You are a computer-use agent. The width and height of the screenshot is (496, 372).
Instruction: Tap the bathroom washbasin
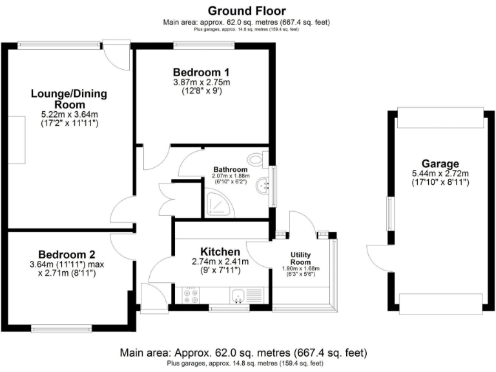click(x=263, y=186)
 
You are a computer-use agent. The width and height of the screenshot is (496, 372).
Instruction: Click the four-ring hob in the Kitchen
click(x=191, y=295)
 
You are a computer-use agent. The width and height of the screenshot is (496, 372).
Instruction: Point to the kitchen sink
click(x=238, y=296)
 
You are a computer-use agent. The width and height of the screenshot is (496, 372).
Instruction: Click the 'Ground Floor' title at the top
click(x=246, y=11)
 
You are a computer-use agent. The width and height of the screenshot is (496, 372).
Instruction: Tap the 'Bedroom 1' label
click(x=201, y=72)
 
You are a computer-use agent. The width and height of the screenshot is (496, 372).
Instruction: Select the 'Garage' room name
click(x=440, y=164)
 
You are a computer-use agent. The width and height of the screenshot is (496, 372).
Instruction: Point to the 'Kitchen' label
click(x=220, y=251)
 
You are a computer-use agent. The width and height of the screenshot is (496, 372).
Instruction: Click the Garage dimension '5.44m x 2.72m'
click(x=440, y=174)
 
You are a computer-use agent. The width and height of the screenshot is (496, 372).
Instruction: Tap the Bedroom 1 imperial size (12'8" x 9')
click(x=201, y=91)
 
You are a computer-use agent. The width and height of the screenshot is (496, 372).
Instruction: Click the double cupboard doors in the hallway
click(x=167, y=200)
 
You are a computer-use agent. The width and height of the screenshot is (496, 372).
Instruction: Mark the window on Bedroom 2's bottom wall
click(x=61, y=329)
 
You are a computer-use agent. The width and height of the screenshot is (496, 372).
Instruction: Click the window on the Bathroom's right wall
click(x=271, y=187)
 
